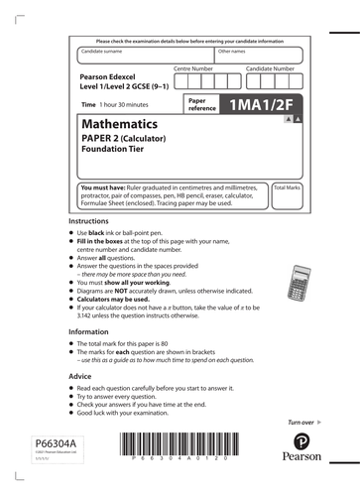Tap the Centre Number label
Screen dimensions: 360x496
[x=193, y=68]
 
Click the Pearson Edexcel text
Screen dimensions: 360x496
[x=113, y=76]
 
